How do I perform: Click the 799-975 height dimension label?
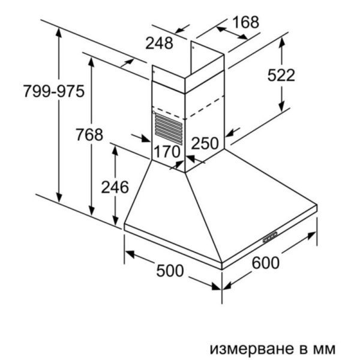(x=54, y=91)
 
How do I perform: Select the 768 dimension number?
(x=89, y=134)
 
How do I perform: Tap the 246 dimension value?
(x=115, y=187)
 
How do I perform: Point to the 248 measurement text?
(x=159, y=43)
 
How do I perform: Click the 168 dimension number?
(x=245, y=22)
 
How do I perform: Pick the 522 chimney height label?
(x=281, y=75)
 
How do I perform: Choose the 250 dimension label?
(x=205, y=143)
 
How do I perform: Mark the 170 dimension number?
(x=167, y=152)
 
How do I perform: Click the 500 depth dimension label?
(x=170, y=271)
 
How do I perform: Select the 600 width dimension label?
(x=266, y=263)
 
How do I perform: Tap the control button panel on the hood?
(x=270, y=237)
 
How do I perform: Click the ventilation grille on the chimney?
(x=169, y=129)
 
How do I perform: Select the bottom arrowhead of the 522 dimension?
(x=282, y=107)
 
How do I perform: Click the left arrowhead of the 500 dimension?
(x=129, y=254)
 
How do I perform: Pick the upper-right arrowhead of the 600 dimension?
(x=312, y=235)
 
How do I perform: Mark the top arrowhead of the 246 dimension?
(x=115, y=151)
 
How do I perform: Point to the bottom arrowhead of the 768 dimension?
(x=92, y=211)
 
